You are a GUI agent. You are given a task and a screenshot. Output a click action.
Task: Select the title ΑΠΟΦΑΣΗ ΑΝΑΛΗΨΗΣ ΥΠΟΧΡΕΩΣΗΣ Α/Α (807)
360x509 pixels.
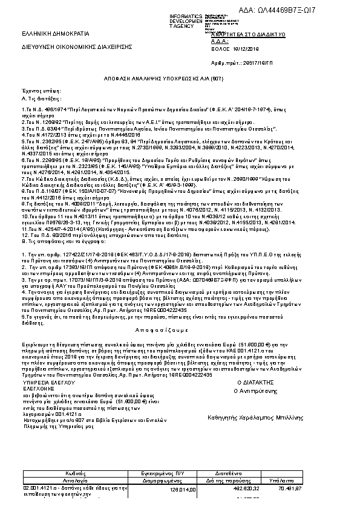[180, 79]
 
